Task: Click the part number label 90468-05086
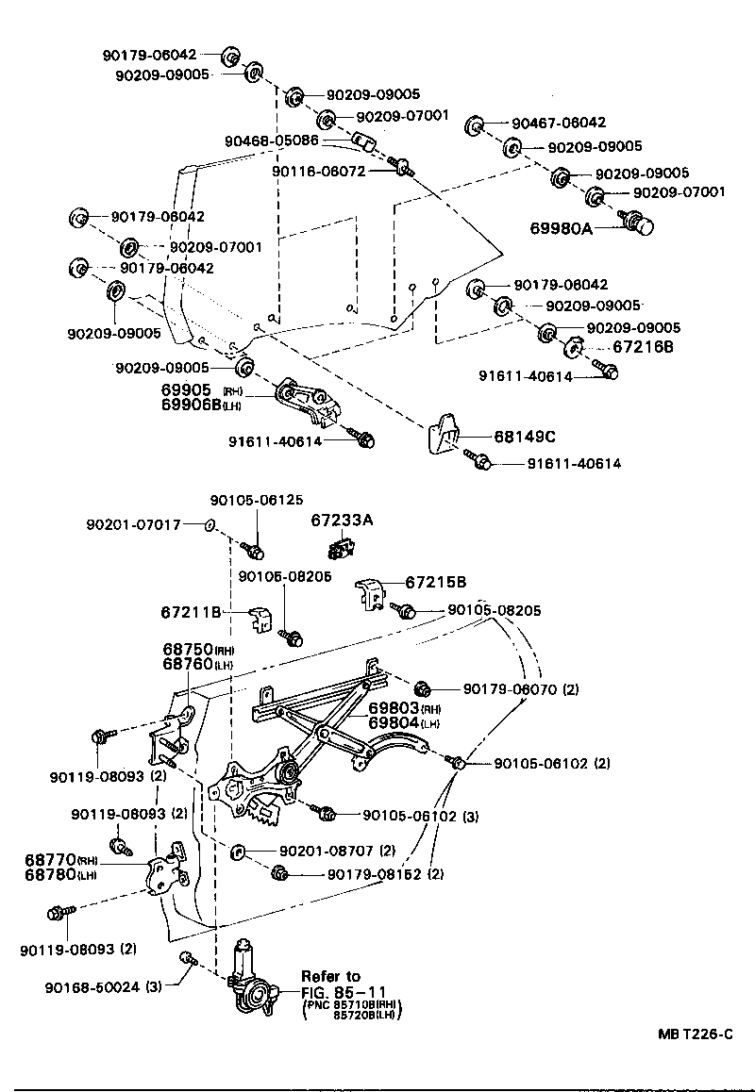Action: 272,141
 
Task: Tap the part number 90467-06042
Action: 559,123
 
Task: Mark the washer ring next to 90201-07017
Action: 210,524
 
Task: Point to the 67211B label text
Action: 191,613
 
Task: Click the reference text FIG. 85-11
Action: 345,991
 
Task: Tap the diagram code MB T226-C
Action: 696,1034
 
